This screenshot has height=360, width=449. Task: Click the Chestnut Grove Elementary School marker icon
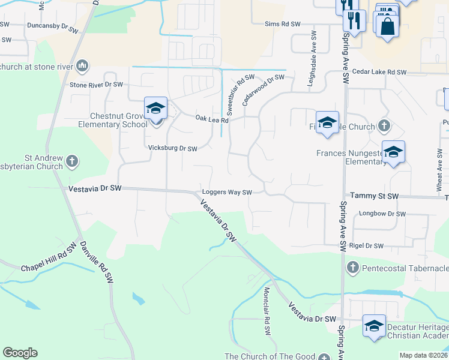(156, 109)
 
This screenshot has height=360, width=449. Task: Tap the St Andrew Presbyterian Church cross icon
(72, 160)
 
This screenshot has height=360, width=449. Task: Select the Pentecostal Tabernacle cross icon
(352, 266)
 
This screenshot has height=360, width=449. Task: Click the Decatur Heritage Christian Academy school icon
(375, 326)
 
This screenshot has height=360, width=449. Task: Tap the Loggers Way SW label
(226, 193)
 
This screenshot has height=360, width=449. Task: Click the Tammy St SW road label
(374, 196)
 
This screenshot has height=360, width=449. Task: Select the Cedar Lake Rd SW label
(380, 72)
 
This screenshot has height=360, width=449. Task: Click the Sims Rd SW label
(283, 25)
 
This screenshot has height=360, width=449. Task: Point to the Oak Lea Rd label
(212, 119)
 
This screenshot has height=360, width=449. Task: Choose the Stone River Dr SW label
(96, 85)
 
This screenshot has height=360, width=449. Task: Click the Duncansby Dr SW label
(53, 28)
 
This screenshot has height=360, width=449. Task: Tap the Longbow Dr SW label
(382, 214)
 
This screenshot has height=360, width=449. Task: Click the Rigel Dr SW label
(366, 245)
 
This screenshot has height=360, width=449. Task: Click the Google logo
(20, 353)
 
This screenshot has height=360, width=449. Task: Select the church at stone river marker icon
(82, 65)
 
